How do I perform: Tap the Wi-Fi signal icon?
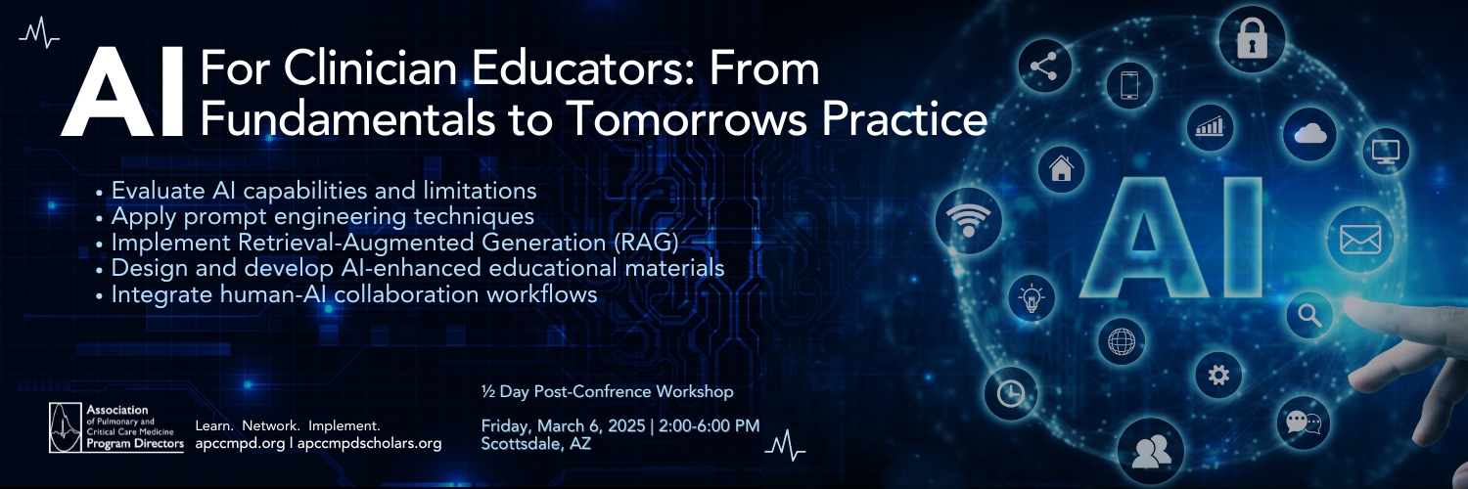[x=968, y=220]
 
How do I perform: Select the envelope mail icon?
[x=1360, y=239]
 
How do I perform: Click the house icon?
[x=1061, y=168]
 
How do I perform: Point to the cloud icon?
[x=1310, y=134]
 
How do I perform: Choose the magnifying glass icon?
[x=1310, y=316]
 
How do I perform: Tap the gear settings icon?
[x=1218, y=376]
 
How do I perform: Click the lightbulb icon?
[x=1032, y=298]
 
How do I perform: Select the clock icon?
[x=1011, y=393]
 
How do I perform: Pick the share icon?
[x=1044, y=67]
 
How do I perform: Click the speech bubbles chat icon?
[x=1304, y=422]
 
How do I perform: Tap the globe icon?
[x=1122, y=341]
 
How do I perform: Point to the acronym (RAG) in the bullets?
[x=646, y=243]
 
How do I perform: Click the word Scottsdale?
[x=519, y=444]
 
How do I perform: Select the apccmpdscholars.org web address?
[x=370, y=443]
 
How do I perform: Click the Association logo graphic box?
[x=66, y=427]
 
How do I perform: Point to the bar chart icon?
[x=1209, y=126]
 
